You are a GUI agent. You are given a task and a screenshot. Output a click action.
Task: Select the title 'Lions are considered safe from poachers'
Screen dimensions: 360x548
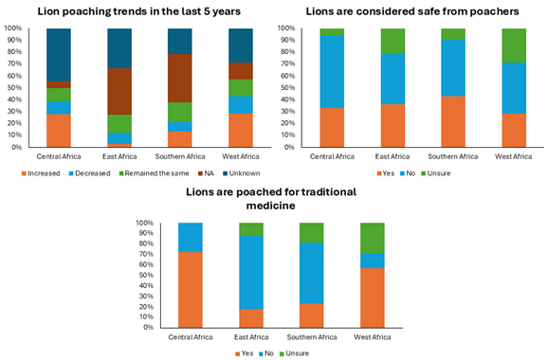point(411,11)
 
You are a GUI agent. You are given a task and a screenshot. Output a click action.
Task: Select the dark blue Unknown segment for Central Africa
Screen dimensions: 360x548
point(59,54)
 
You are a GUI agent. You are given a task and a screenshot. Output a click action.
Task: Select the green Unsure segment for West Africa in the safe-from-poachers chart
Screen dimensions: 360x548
point(513,45)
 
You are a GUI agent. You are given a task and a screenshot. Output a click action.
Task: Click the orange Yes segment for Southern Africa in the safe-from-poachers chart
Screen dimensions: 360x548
point(452,121)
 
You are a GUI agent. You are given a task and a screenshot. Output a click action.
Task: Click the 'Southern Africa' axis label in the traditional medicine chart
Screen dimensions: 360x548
point(312,335)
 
